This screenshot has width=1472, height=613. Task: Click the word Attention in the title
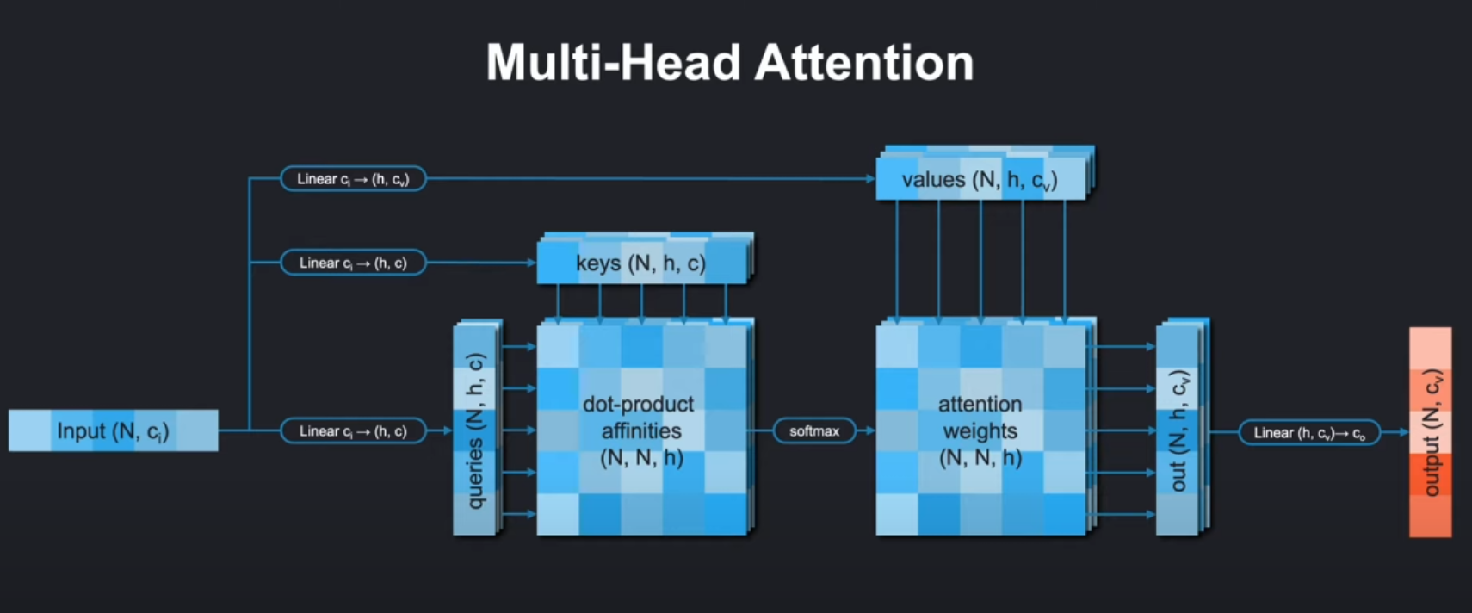tap(863, 63)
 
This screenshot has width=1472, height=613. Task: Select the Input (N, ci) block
tap(113, 430)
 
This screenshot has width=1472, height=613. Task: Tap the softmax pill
tap(813, 430)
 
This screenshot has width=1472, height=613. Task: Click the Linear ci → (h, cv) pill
tap(353, 179)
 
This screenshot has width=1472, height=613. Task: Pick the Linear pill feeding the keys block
tap(353, 263)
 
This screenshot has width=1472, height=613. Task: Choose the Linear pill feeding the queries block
tap(353, 430)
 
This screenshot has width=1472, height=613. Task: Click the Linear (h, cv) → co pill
tap(1308, 433)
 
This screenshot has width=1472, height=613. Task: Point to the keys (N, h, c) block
tap(641, 263)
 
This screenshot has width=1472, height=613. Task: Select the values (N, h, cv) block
tap(980, 180)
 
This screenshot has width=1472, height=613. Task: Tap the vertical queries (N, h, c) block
tap(475, 430)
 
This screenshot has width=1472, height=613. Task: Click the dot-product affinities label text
tap(640, 418)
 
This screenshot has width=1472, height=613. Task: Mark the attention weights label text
tap(980, 418)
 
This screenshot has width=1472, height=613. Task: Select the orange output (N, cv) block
tap(1430, 432)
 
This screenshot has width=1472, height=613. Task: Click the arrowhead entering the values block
tap(870, 179)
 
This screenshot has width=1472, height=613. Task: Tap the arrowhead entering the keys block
tap(531, 263)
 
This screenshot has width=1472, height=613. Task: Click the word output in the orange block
tap(1431, 467)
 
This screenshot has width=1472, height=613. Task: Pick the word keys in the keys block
tap(597, 263)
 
